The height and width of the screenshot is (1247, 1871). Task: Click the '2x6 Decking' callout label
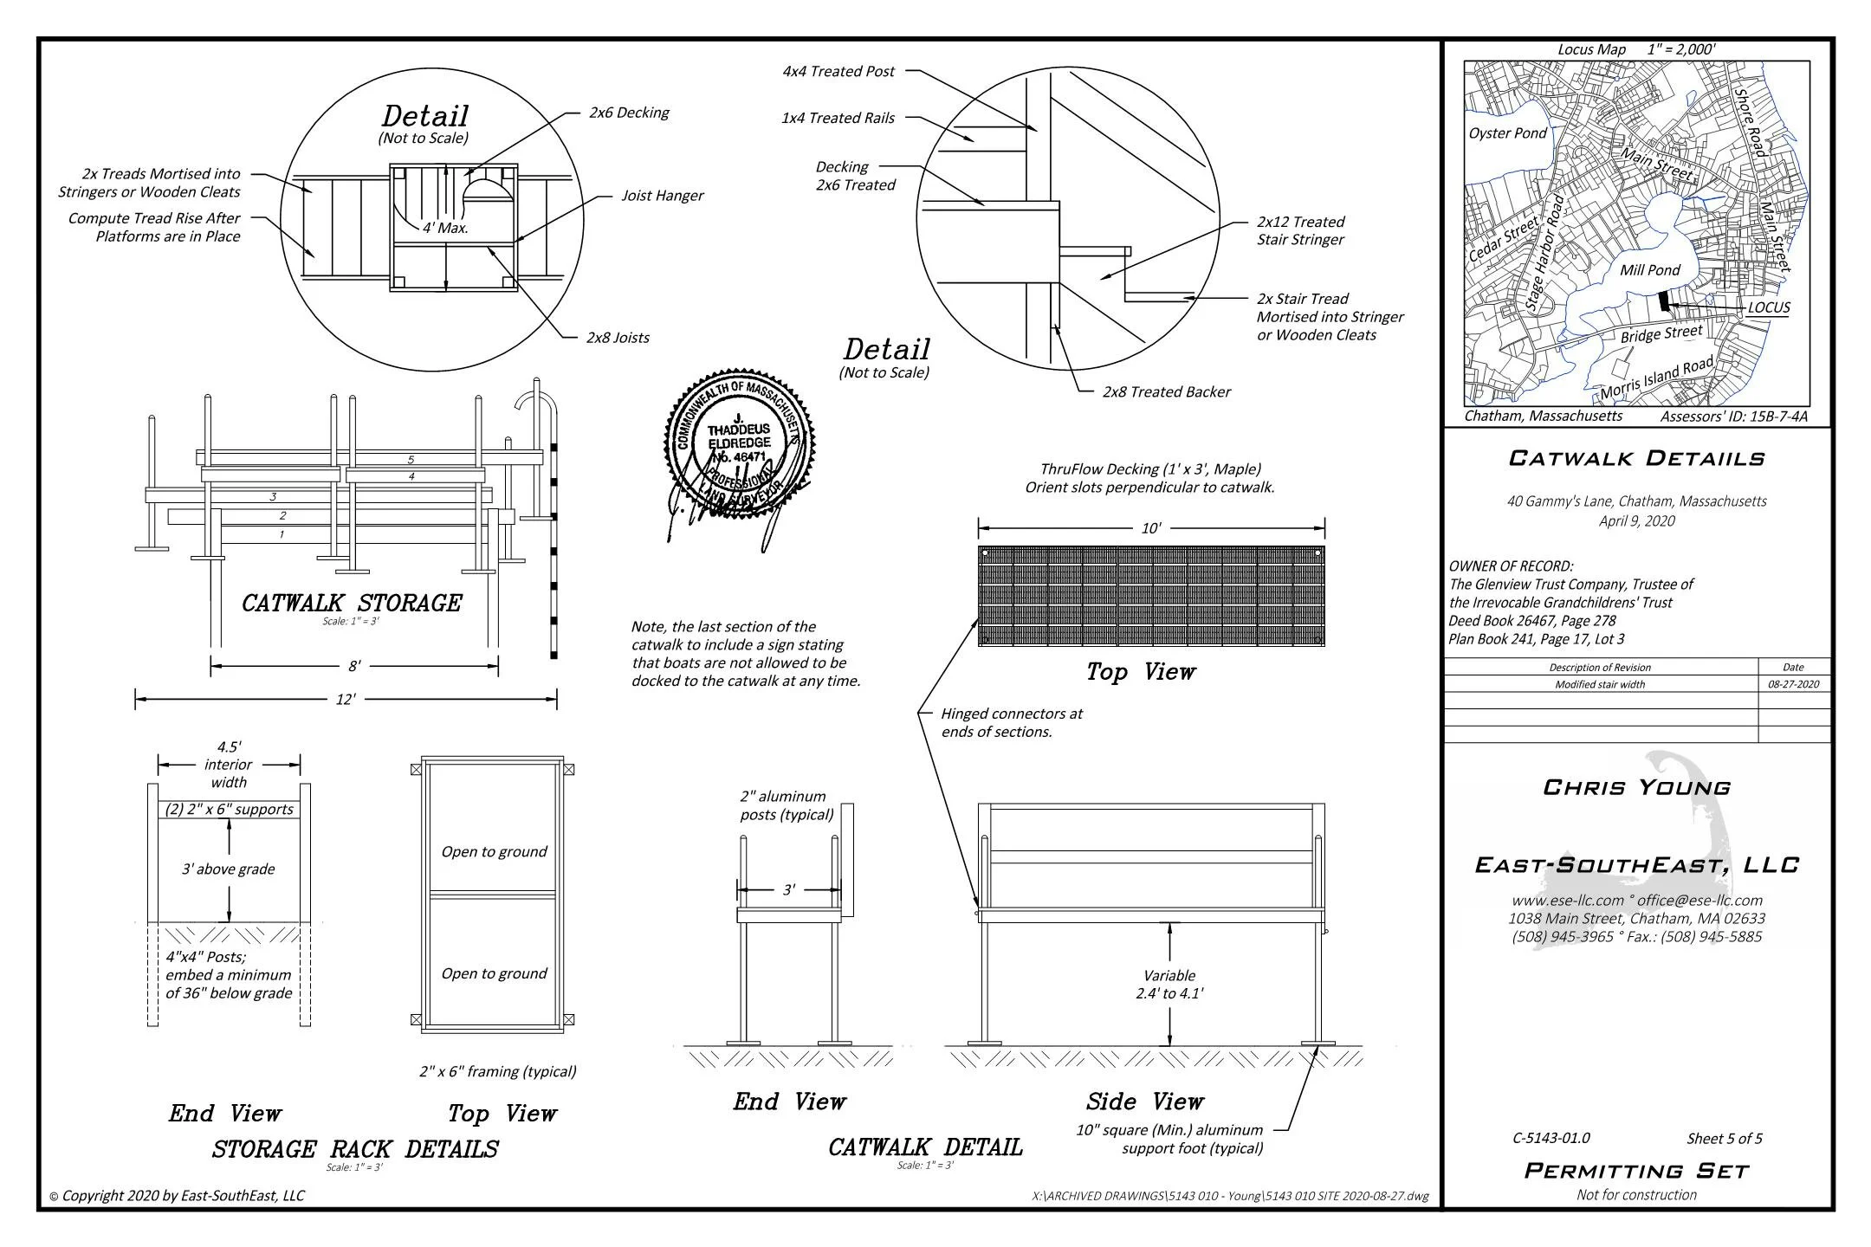pyautogui.click(x=628, y=113)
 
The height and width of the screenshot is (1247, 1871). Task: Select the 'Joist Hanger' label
pyautogui.click(x=662, y=196)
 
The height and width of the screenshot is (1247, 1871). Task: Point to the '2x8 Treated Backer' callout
pyautogui.click(x=1166, y=392)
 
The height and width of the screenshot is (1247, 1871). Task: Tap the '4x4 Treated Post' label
pyautogui.click(x=838, y=72)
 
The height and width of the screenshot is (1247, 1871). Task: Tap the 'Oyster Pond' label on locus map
pyautogui.click(x=1507, y=133)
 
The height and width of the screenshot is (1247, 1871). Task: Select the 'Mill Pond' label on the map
pyautogui.click(x=1649, y=270)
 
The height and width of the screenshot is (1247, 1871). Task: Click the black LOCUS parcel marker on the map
pyautogui.click(x=1663, y=301)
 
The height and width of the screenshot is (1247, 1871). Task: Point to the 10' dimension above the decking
pyautogui.click(x=1150, y=528)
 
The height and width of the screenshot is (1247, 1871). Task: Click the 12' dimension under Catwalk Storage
pyautogui.click(x=345, y=700)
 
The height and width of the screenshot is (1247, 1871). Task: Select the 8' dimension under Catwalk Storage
pyautogui.click(x=354, y=666)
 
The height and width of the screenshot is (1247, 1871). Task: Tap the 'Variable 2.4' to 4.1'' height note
pyautogui.click(x=1169, y=985)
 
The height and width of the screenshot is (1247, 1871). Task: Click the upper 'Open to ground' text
pyautogui.click(x=494, y=852)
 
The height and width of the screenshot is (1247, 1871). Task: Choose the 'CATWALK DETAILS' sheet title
pyautogui.click(x=1636, y=458)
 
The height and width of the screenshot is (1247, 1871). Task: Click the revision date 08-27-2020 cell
pyautogui.click(x=1793, y=684)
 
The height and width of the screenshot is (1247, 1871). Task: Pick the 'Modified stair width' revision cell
pyautogui.click(x=1599, y=684)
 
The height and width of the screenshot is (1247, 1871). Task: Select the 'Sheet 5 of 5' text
pyautogui.click(x=1724, y=1139)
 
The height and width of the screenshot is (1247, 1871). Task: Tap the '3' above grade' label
pyautogui.click(x=228, y=869)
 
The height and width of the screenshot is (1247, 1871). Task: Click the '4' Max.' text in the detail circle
pyautogui.click(x=445, y=229)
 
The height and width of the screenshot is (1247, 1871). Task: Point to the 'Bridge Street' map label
pyautogui.click(x=1661, y=333)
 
